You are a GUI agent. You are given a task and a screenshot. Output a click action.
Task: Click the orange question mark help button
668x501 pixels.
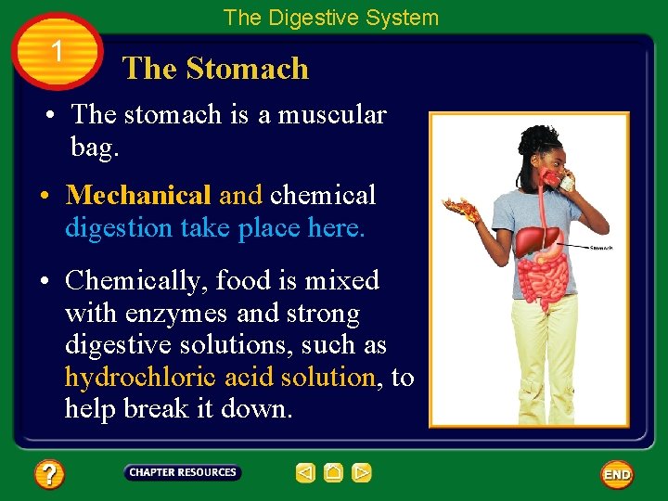(x=49, y=475)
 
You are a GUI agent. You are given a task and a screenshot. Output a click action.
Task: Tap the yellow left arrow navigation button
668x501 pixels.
(x=305, y=473)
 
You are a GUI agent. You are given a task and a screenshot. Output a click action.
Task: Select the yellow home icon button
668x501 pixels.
(x=334, y=473)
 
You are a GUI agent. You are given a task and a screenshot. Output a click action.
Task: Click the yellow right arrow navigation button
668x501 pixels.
(x=362, y=473)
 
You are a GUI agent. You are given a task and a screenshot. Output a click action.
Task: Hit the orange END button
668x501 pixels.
(x=617, y=474)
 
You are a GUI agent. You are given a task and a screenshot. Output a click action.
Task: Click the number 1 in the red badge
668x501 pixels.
(x=58, y=52)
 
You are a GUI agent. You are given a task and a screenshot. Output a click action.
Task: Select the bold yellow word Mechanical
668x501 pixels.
(x=138, y=195)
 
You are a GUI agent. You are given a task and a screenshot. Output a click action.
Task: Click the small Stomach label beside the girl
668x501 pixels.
(x=601, y=248)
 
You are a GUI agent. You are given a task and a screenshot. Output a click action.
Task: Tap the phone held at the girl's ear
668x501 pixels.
(x=564, y=181)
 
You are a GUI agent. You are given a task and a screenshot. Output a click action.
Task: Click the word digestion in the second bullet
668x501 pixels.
(x=112, y=227)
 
